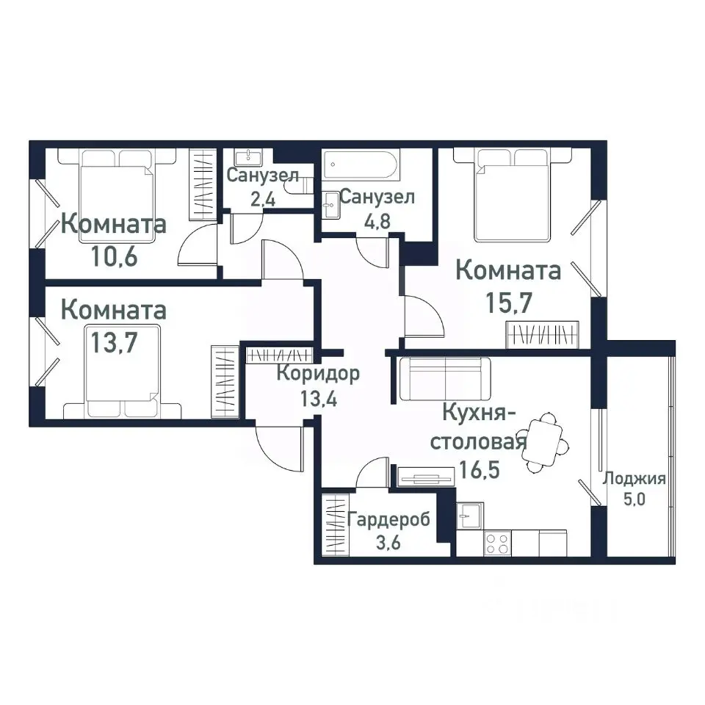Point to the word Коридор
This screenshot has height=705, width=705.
pos(318,374)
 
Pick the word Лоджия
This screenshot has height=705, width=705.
pos(634,480)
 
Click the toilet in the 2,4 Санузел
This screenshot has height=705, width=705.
pos(300,187)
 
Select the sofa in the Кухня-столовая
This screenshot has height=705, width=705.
pos(445,378)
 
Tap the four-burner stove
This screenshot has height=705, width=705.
pos(498,543)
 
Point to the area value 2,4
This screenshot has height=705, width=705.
pos(261,198)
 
